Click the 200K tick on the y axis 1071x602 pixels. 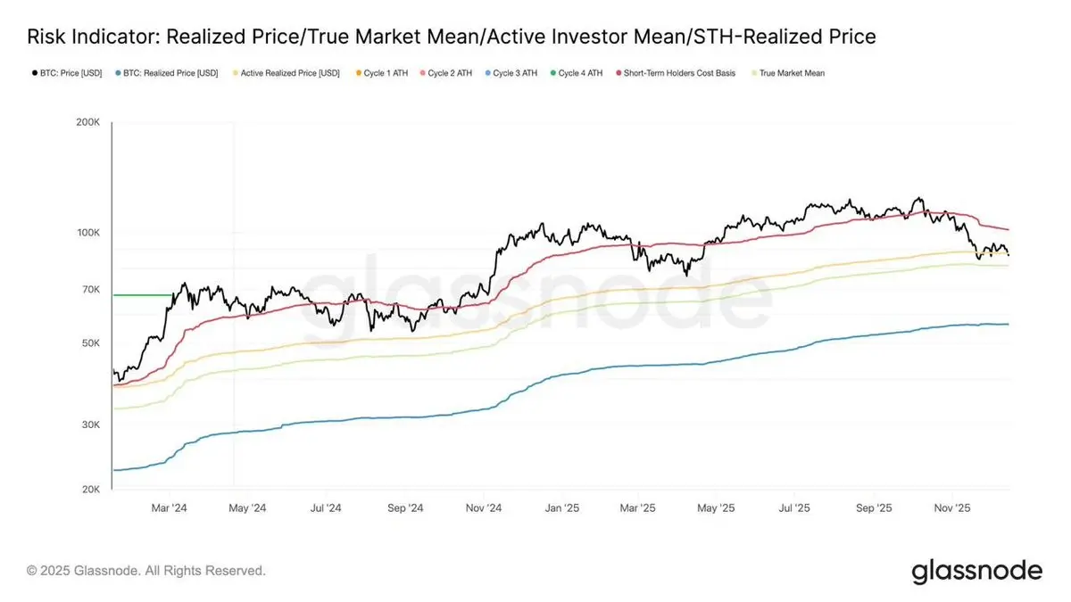87,122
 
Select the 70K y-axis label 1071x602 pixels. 90,290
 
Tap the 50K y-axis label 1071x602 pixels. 90,343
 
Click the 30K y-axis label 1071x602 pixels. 90,425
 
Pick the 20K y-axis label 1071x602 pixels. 90,490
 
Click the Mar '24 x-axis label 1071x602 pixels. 169,507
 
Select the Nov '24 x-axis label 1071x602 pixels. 483,507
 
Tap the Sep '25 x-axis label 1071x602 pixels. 874,507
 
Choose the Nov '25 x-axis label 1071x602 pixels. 952,507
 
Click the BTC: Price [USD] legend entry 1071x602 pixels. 71,73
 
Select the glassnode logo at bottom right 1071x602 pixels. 976,571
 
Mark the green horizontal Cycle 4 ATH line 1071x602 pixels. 141,294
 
